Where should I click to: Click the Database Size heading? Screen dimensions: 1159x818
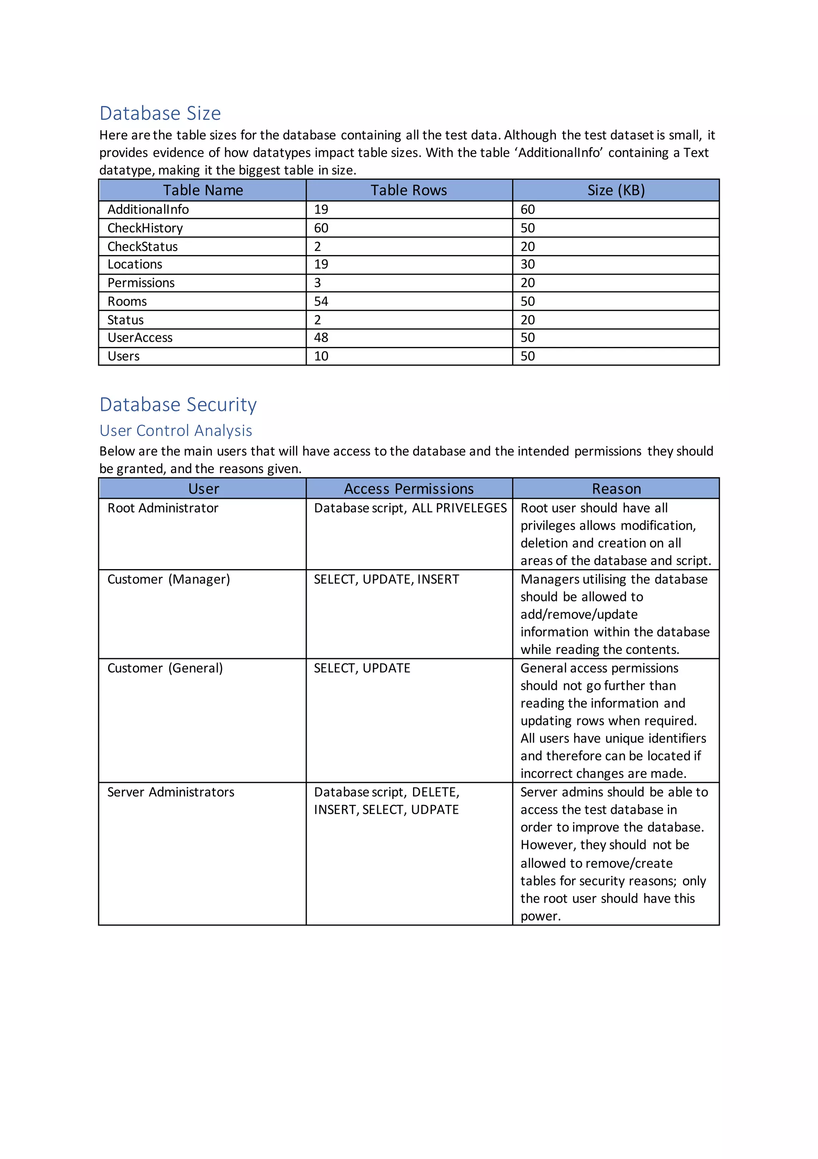coord(160,113)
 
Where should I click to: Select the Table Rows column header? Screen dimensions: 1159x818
coord(409,190)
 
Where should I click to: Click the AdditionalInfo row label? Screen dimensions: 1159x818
coord(148,209)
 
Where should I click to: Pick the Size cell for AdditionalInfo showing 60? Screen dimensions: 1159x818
coord(528,209)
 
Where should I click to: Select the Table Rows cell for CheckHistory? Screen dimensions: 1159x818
coord(321,228)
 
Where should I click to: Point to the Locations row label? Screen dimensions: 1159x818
coord(135,265)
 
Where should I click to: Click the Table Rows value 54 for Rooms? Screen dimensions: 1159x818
coord(321,301)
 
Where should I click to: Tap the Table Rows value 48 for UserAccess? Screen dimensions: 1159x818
coord(321,338)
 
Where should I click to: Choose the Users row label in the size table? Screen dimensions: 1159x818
coord(124,356)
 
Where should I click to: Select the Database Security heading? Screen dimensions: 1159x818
coord(178,405)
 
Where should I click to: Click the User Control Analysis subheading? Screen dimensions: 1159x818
coord(176,430)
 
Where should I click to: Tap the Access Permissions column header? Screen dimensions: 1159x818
coord(409,489)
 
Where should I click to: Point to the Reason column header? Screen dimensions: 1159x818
coord(616,489)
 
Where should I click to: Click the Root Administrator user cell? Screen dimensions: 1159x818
coord(163,508)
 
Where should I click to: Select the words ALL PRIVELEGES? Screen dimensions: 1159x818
coord(459,508)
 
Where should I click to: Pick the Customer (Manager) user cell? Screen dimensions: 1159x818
coord(169,579)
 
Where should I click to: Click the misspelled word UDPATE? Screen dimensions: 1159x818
coord(435,810)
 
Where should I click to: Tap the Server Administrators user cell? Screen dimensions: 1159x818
coord(171,792)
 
